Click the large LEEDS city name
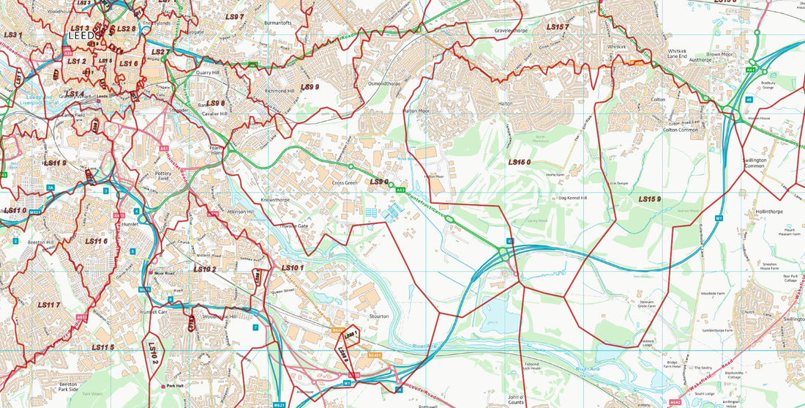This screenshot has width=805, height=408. click(83, 34)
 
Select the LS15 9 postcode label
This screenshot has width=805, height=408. click(649, 199)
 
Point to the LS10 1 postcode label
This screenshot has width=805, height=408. click(292, 268)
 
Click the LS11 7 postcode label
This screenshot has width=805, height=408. click(48, 304)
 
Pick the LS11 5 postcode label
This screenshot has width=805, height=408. click(103, 346)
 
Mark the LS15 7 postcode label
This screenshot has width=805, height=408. click(558, 27)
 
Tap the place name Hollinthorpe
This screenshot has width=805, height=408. click(770, 211)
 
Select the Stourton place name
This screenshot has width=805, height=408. click(379, 316)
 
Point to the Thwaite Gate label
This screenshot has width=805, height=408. click(294, 226)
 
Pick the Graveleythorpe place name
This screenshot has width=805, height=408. click(511, 31)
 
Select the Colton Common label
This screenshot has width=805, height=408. click(681, 130)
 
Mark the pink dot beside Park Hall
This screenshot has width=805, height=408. click(162, 386)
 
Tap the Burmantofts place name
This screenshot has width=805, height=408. click(278, 23)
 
